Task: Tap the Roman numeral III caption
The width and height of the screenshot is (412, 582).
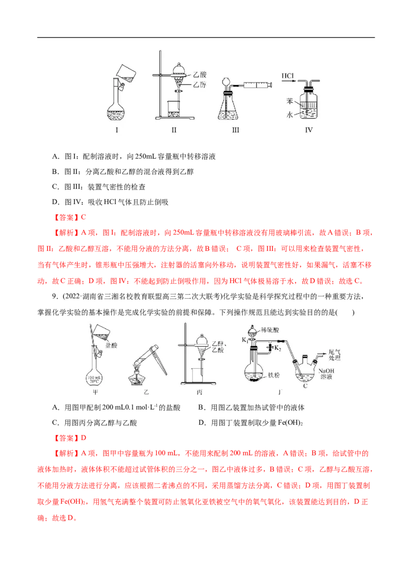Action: pyautogui.click(x=236, y=130)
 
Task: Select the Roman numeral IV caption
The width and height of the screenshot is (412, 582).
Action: pyautogui.click(x=309, y=130)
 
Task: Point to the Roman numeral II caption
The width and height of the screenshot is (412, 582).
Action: pyautogui.click(x=174, y=130)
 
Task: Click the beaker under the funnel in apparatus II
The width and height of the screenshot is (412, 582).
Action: pyautogui.click(x=174, y=110)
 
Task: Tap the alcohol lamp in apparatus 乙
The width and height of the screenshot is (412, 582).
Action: pyautogui.click(x=136, y=379)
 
